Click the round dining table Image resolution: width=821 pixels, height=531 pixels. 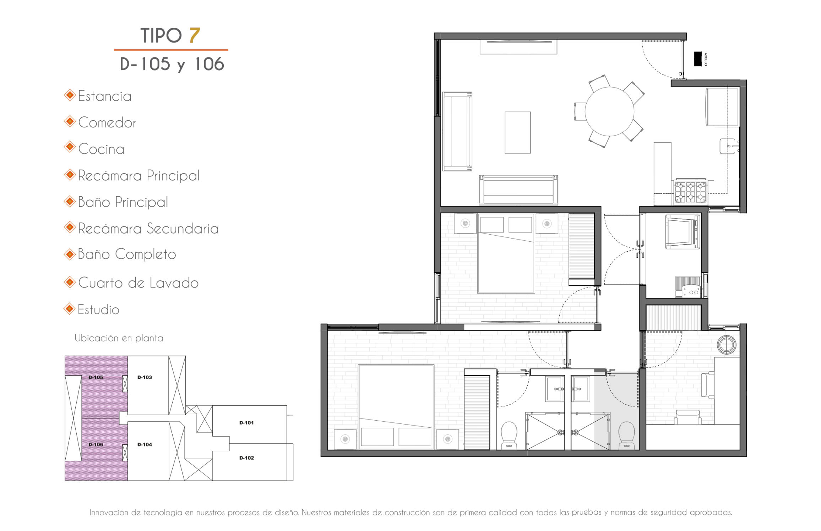point(609,111)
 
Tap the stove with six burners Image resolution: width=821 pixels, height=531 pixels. point(691,192)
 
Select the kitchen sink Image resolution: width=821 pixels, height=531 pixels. point(728,146)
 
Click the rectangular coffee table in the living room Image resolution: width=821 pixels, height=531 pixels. point(518,133)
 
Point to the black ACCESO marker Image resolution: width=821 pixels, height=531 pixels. point(698,59)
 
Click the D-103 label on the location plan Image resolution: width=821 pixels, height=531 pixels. point(145,377)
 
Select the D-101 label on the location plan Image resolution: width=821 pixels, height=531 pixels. point(246,423)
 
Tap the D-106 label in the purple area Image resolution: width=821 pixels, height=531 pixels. point(96,444)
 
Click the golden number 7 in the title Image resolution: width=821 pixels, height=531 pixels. point(195,35)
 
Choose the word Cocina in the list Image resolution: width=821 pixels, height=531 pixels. point(101,149)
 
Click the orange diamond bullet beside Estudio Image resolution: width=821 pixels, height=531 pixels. point(70,309)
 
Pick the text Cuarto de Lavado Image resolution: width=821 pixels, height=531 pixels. point(138,283)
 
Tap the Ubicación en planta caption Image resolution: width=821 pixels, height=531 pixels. point(119,338)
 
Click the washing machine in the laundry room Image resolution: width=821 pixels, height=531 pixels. point(683,231)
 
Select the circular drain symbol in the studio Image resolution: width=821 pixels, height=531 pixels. point(727,344)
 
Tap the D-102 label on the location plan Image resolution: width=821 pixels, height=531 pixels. point(246,458)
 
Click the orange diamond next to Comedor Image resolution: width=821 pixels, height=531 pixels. point(70,122)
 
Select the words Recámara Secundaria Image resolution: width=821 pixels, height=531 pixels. point(148,229)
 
